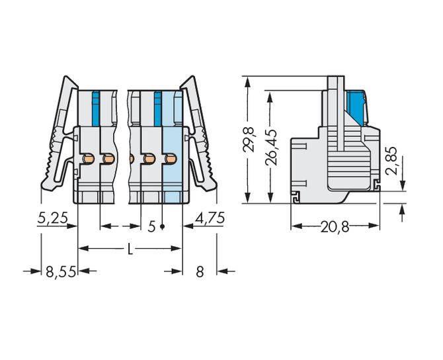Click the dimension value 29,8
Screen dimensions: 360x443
[x=249, y=136]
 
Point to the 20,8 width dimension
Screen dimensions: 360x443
[x=335, y=226]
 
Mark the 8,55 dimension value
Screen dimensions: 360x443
[x=60, y=271]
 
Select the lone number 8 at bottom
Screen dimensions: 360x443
[x=200, y=271]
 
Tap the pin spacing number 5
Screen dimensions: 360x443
[x=151, y=227]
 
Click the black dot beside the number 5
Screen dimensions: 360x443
[x=161, y=227]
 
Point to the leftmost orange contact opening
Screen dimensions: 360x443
[x=87, y=158]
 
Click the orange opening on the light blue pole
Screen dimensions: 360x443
[x=171, y=158]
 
